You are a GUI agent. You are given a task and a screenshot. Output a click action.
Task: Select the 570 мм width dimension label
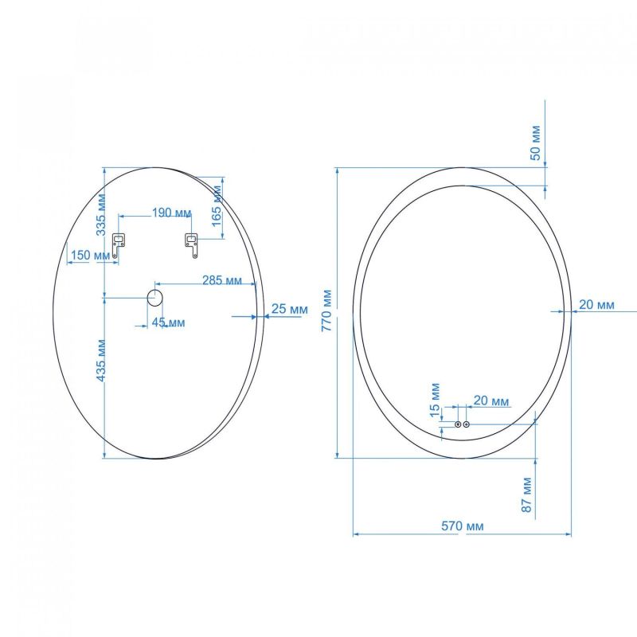tap(463, 526)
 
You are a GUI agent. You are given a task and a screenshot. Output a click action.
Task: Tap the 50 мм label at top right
tap(536, 143)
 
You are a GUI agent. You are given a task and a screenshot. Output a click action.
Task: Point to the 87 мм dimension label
tap(526, 494)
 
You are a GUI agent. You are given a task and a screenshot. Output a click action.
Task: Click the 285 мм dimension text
tap(222, 280)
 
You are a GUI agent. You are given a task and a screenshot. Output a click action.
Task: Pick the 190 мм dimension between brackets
tap(171, 213)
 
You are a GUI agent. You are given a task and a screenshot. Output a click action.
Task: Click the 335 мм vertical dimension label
tap(101, 213)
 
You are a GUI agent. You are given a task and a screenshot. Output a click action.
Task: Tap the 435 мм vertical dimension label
tap(101, 360)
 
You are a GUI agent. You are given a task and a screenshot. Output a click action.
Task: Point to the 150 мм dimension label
tap(90, 256)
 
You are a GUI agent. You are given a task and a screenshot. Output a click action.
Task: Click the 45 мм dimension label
tap(169, 322)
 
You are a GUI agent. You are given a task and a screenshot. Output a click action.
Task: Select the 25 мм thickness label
tap(290, 308)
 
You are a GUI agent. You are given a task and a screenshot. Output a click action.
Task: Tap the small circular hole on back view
tap(154, 299)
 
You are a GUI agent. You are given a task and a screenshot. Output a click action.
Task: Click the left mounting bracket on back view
tap(119, 244)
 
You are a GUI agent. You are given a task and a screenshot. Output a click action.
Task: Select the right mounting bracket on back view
tap(192, 244)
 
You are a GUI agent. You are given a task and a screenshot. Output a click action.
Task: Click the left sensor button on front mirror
tap(458, 424)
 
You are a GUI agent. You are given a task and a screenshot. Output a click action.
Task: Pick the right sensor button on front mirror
tap(467, 424)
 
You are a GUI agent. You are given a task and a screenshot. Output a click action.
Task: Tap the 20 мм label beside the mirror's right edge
tap(596, 304)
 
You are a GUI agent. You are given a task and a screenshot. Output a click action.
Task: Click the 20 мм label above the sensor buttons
tap(491, 401)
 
